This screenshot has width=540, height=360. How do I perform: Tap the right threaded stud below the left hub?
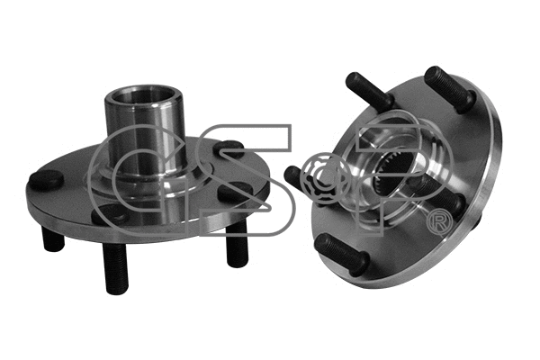[236, 244]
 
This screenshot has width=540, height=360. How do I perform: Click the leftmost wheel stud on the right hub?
[297, 176]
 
